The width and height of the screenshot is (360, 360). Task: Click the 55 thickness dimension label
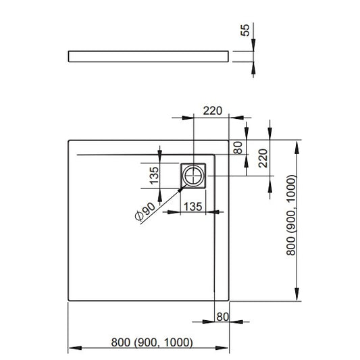(x=245, y=30)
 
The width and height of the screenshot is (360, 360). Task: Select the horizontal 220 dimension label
(x=213, y=111)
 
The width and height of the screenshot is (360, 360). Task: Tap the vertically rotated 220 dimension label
(x=263, y=158)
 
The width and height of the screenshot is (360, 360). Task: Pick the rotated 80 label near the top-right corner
(x=238, y=147)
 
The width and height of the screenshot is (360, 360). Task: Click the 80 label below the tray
(x=222, y=317)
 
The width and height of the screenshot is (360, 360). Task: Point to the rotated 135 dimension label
(x=154, y=176)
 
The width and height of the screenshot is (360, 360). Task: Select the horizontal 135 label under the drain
(x=193, y=207)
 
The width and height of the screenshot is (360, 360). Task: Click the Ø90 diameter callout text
(x=146, y=212)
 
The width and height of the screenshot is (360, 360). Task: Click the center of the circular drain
(x=193, y=176)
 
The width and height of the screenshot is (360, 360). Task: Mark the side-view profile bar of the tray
(x=149, y=57)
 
